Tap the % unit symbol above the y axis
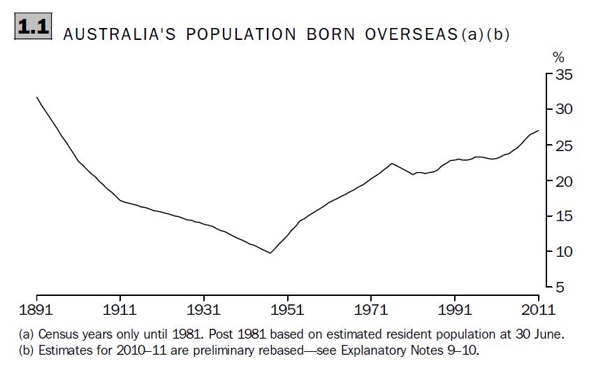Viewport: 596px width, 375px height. point(558,57)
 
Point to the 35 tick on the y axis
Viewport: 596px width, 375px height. point(563,73)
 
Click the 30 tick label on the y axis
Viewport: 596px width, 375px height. point(563,109)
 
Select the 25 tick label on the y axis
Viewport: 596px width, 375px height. point(563,146)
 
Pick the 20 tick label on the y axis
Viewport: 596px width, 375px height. point(563,181)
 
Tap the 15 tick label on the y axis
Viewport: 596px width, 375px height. point(563,216)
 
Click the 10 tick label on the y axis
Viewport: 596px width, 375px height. point(563,252)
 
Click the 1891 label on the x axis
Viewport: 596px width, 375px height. point(36,309)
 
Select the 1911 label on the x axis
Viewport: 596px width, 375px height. point(120,309)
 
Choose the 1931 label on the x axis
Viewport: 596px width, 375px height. point(204,309)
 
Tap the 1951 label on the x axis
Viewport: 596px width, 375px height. point(287,309)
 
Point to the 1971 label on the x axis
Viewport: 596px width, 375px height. point(371,309)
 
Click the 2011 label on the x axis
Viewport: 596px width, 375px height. point(538,309)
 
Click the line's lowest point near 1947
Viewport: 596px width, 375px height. point(270,253)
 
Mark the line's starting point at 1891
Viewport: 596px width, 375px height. point(36,97)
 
